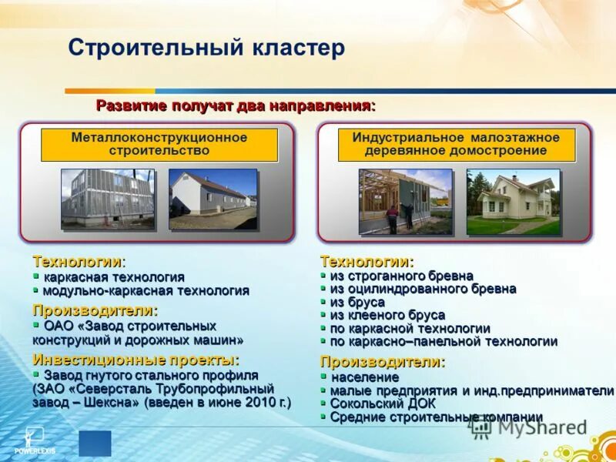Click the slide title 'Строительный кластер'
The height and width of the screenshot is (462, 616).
pyautogui.click(x=206, y=49)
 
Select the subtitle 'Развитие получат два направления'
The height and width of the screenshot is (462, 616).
pyautogui.click(x=235, y=105)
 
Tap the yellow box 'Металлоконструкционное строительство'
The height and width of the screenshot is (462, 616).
pyautogui.click(x=159, y=145)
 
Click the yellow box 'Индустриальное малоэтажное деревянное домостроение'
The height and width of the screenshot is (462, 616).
pyautogui.click(x=456, y=145)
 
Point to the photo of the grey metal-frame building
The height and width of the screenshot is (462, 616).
pyautogui.click(x=108, y=199)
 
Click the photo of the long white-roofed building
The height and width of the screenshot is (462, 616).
pyautogui.click(x=213, y=199)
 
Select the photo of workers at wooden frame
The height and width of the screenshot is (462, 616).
pyautogui.click(x=405, y=202)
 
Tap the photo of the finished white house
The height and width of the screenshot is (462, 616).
pyautogui.click(x=513, y=202)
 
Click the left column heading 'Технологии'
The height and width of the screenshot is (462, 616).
pyautogui.click(x=78, y=262)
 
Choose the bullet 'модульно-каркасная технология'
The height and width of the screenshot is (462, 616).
pyautogui.click(x=146, y=290)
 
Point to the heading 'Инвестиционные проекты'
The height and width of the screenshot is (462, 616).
pyautogui.click(x=136, y=360)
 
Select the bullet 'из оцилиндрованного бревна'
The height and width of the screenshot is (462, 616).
pyautogui.click(x=423, y=289)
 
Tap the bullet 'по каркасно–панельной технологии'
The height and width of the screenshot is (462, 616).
pyautogui.click(x=444, y=341)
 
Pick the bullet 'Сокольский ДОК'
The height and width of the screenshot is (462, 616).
pyautogui.click(x=383, y=403)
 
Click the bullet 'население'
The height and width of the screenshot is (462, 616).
pyautogui.click(x=365, y=377)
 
